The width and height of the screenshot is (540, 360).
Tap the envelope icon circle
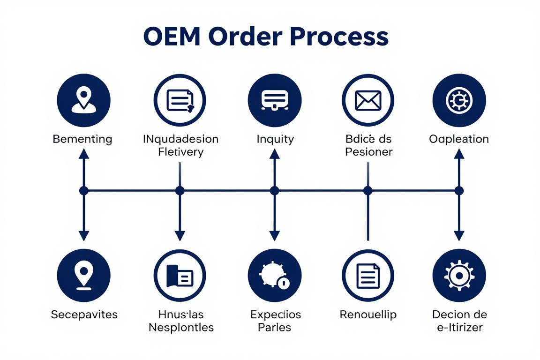368,100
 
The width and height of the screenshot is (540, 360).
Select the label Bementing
82,139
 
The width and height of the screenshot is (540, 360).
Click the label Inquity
275,139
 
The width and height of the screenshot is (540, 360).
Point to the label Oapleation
459,139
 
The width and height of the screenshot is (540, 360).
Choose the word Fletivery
181,152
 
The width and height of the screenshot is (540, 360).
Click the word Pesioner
369,152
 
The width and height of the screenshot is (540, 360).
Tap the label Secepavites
84,314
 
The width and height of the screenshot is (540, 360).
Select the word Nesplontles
181,327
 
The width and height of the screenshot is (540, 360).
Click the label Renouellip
368,314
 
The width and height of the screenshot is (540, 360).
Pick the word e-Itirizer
459,327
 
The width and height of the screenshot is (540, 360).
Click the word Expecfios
275,314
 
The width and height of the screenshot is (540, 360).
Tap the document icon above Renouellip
368,275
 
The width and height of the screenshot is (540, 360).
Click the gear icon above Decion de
459,275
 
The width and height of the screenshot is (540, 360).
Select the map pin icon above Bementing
83,100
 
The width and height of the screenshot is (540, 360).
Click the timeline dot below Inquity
275,190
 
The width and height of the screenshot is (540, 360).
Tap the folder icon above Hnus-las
180,275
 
